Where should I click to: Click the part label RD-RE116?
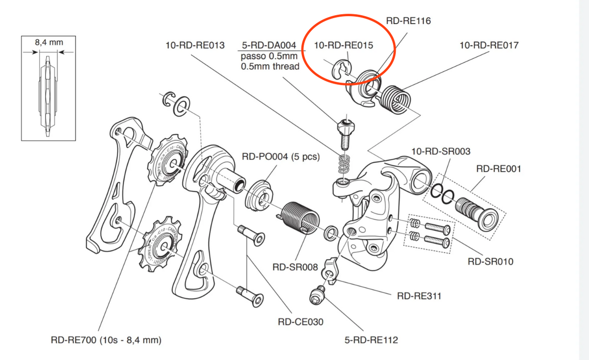pos(409,21)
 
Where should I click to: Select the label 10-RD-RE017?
pos(488,46)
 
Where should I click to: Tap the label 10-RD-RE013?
pos(195,46)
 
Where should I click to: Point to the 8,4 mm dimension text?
pos(49,43)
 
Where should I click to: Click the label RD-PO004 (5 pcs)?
pos(281,157)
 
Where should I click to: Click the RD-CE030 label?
pos(300,322)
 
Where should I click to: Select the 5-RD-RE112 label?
pos(372,339)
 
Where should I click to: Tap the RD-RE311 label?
pos(419,296)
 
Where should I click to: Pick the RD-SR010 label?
pos(490,261)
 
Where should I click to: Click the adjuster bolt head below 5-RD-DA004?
pos(346,127)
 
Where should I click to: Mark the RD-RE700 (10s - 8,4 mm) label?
pos(107,339)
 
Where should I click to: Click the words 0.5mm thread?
pos(270,66)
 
